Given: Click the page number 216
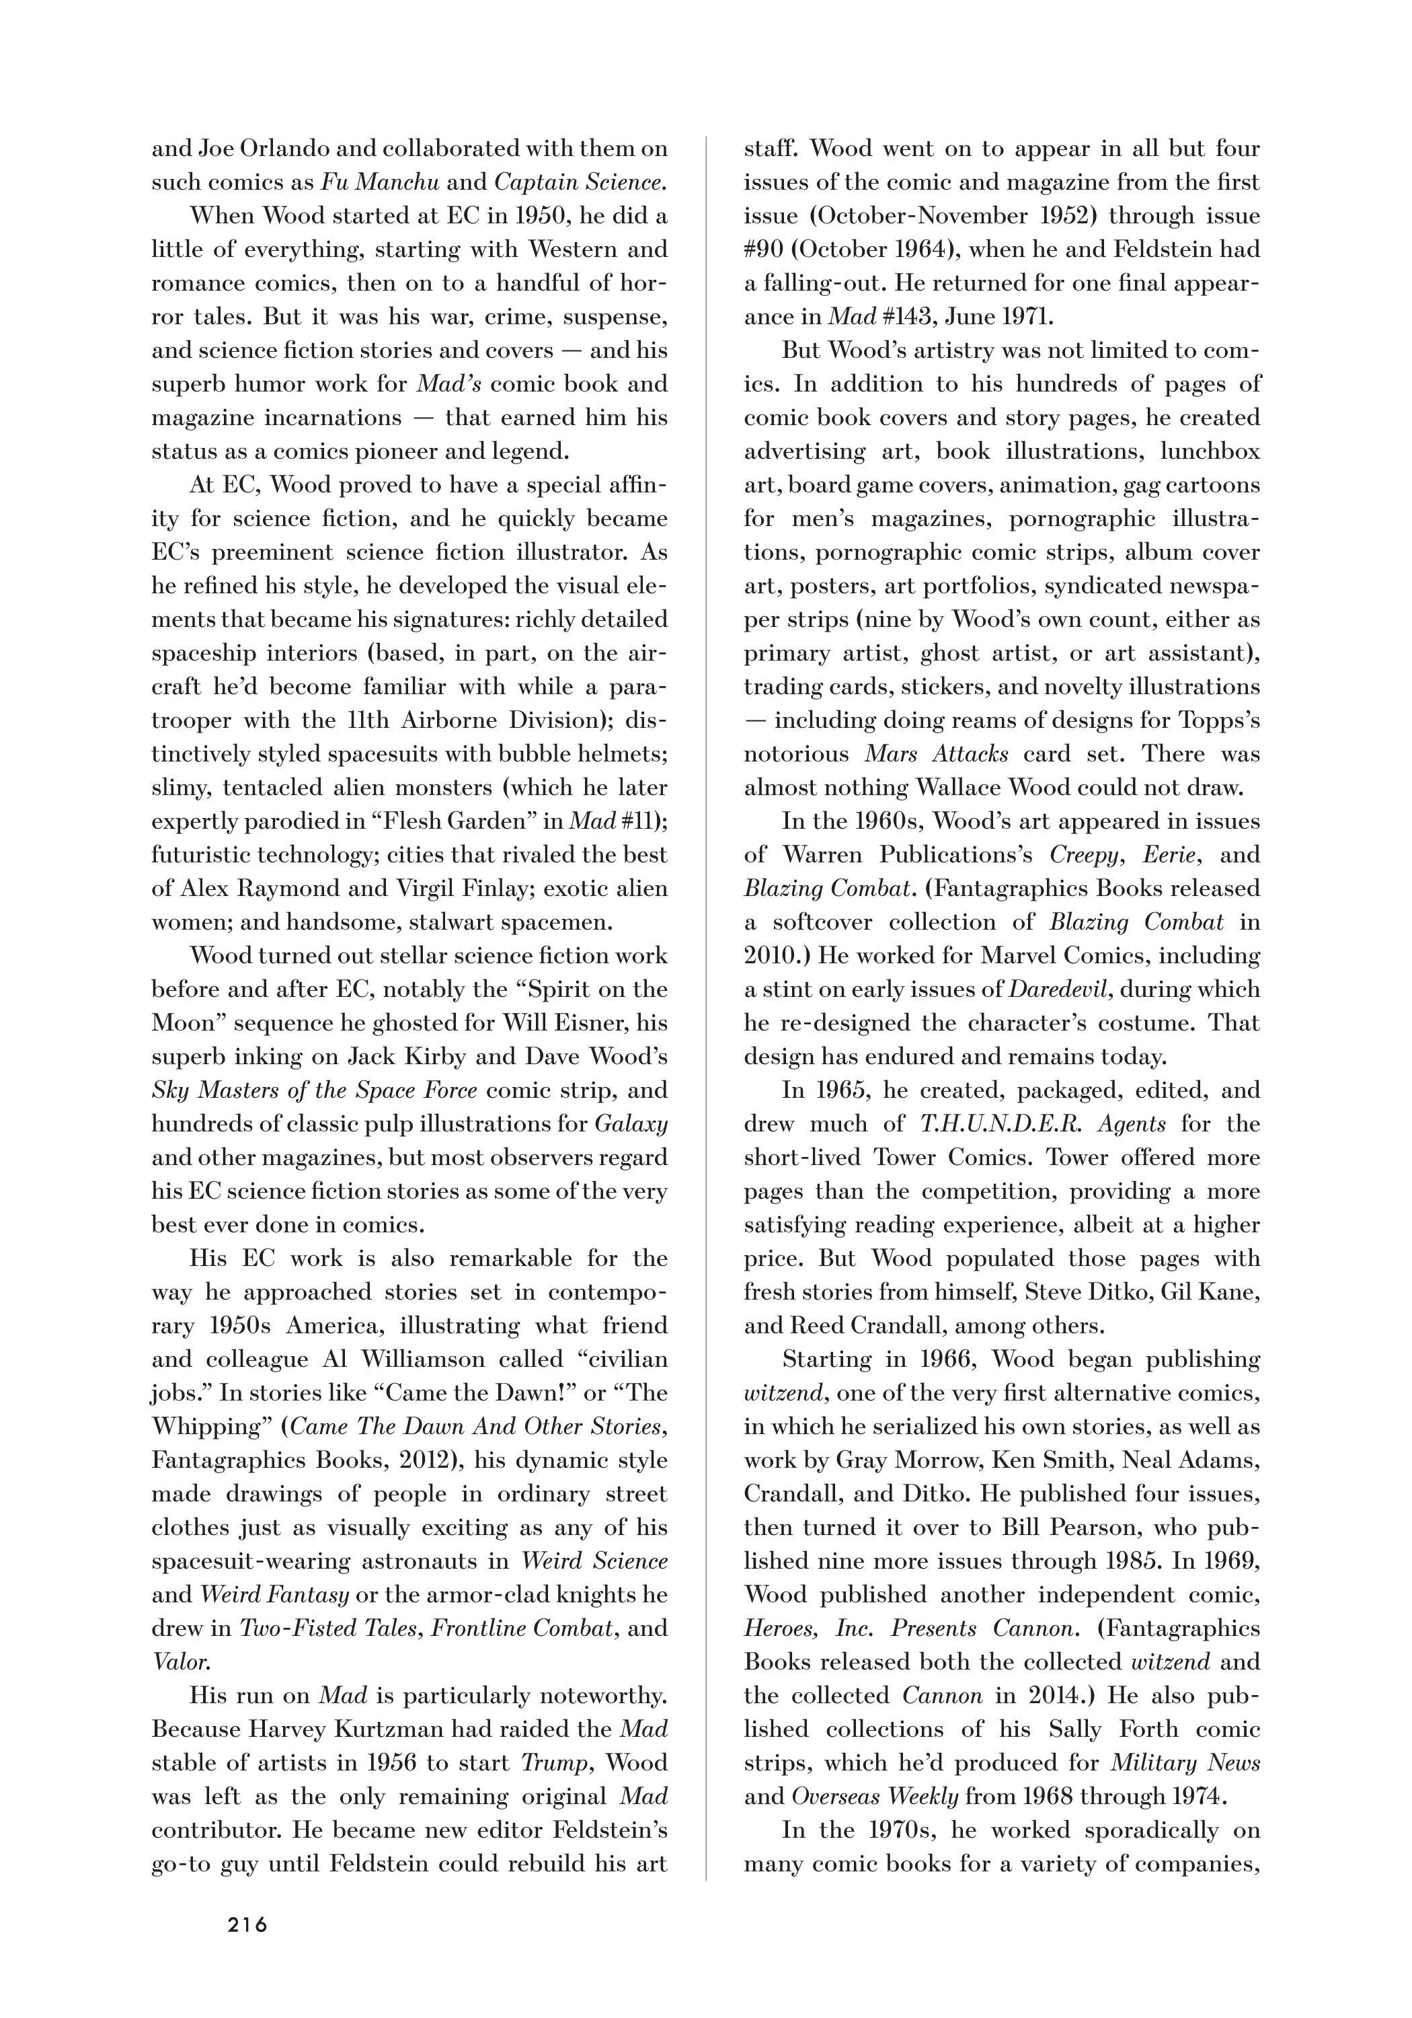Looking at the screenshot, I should [x=247, y=1924].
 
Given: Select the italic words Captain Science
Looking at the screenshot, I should [x=580, y=183].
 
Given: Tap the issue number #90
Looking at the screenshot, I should [x=762, y=250].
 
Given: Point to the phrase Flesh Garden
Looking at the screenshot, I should [x=439, y=821].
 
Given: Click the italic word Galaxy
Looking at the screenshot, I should [x=631, y=1123].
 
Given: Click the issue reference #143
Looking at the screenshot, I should [x=888, y=317].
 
